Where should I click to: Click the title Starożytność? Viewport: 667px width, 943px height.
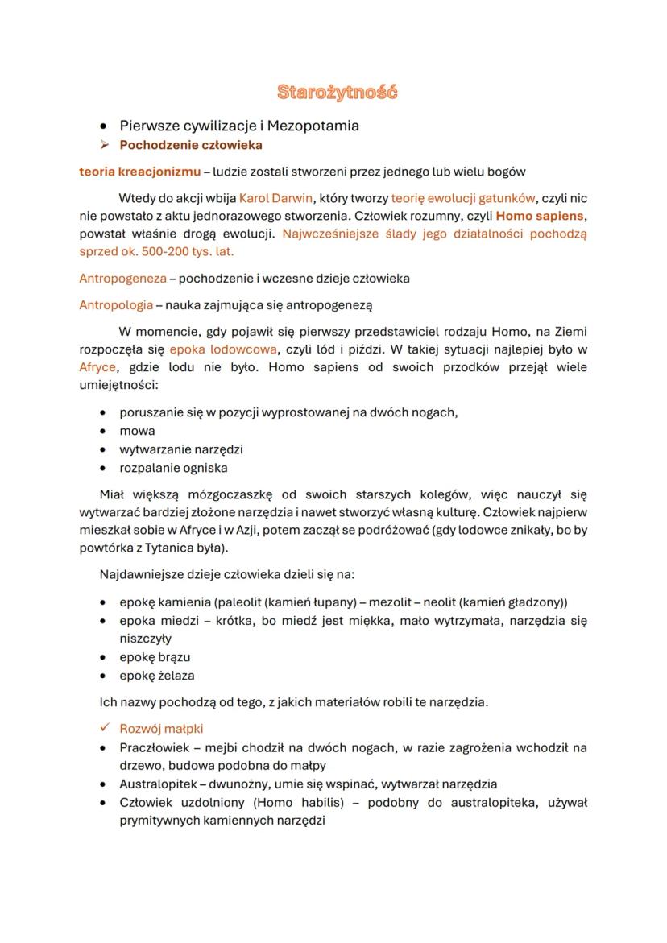(338, 92)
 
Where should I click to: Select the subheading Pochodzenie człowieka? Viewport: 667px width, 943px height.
(190, 146)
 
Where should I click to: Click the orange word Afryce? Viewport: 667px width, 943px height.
(97, 367)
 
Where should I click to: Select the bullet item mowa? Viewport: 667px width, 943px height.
(137, 431)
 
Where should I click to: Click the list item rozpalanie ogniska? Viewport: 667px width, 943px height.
(173, 468)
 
